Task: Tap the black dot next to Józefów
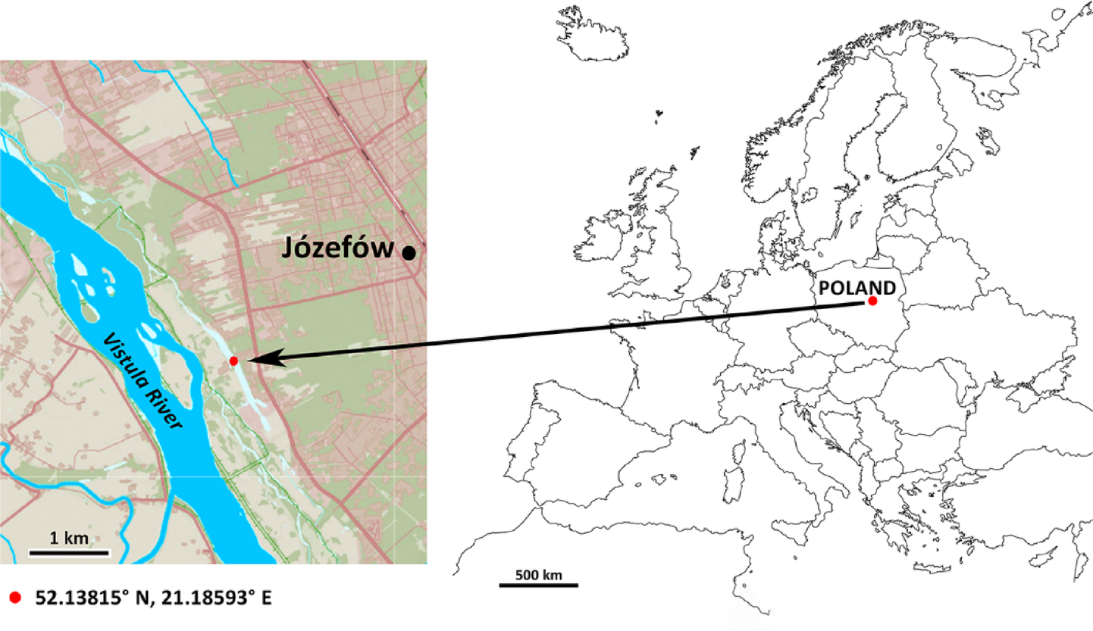(409, 253)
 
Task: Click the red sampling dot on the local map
(233, 361)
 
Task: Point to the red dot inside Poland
(872, 301)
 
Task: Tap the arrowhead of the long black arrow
(262, 359)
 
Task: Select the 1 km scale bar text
(69, 539)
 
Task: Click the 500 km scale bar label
(538, 574)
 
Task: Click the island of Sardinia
(733, 485)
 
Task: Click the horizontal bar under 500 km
(538, 585)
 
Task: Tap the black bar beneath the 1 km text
(70, 552)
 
